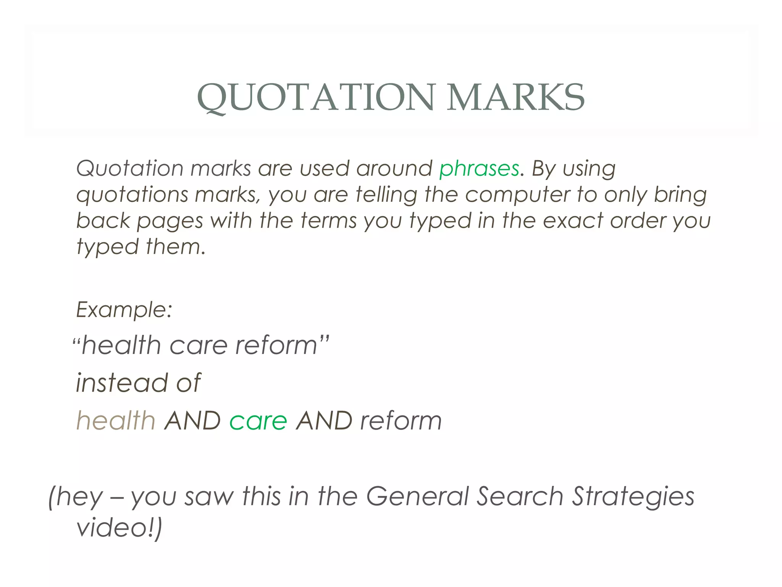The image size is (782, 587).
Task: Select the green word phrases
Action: point(479,169)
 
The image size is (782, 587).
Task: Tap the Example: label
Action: point(124,310)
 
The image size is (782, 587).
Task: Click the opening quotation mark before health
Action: point(76,340)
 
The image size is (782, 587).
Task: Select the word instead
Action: point(121,383)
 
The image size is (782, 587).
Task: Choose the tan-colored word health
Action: point(116,421)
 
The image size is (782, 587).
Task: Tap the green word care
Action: point(258,421)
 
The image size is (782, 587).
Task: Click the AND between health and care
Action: point(192,421)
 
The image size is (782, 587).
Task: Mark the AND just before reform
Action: point(324,421)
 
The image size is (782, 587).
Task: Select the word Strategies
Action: point(633,496)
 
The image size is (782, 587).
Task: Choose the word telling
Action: point(386,195)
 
